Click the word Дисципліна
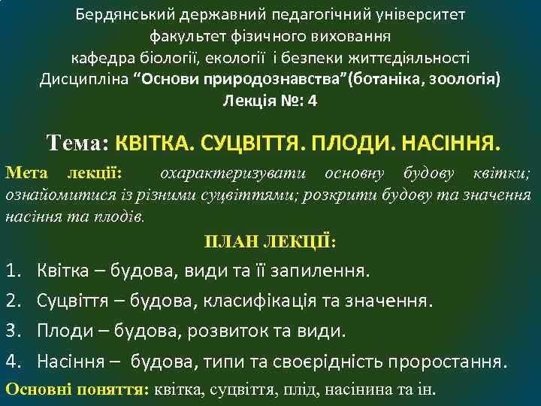click(83, 79)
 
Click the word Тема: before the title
click(78, 141)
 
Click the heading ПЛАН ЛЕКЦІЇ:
click(270, 241)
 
